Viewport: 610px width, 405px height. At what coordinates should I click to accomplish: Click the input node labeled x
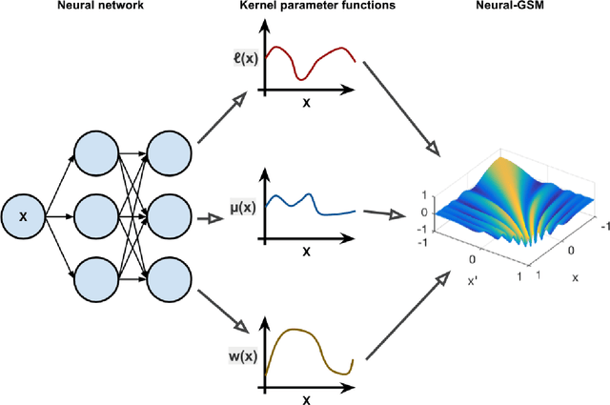23,217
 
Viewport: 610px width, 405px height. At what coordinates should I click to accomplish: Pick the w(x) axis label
245,356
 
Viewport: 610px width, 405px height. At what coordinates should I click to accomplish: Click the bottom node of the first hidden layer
97,281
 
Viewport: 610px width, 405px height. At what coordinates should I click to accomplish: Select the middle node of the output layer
172,217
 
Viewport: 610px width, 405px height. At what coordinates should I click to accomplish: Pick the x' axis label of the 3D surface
474,281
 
